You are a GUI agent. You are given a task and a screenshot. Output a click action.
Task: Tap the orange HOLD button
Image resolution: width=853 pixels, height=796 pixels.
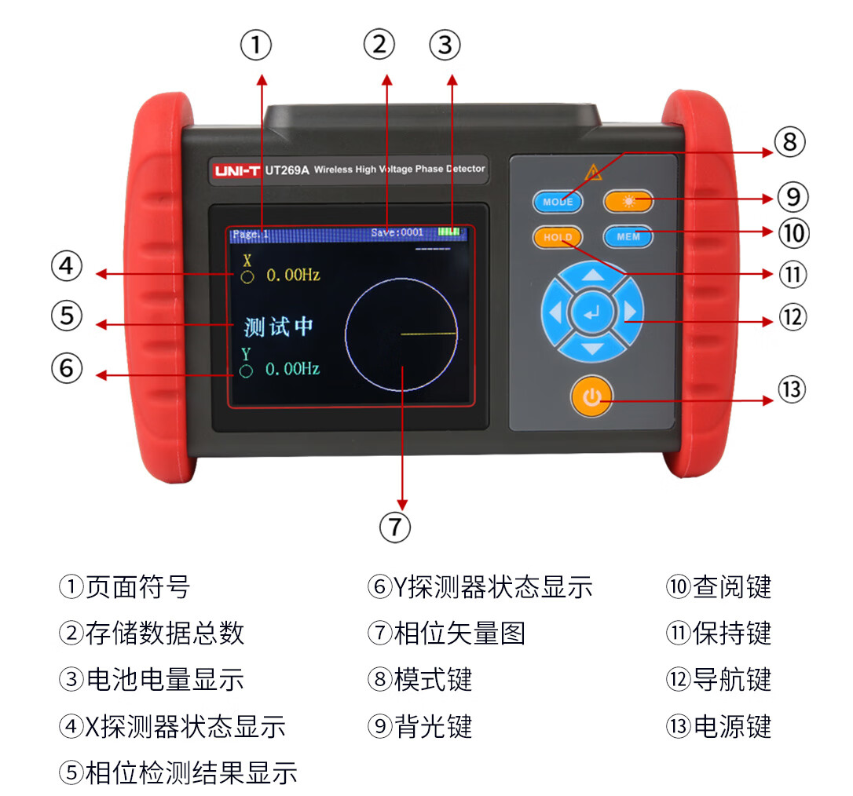pyautogui.click(x=558, y=237)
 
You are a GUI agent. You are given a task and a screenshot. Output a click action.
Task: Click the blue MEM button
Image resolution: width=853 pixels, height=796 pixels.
pyautogui.click(x=628, y=236)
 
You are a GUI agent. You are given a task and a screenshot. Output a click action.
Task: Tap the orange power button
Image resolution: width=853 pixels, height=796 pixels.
pyautogui.click(x=592, y=396)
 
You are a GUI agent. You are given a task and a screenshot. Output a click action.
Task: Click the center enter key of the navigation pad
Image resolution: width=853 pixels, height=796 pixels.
pyautogui.click(x=591, y=312)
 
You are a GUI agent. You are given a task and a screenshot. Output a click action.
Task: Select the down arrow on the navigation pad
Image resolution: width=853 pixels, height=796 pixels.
pyautogui.click(x=592, y=349)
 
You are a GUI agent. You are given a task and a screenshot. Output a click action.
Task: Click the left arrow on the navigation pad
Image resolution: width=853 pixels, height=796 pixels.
pyautogui.click(x=555, y=312)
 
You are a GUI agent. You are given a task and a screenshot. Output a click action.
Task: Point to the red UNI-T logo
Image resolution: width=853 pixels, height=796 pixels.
pyautogui.click(x=237, y=170)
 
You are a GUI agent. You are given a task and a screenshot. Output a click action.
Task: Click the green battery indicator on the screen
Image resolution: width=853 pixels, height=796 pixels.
pyautogui.click(x=449, y=232)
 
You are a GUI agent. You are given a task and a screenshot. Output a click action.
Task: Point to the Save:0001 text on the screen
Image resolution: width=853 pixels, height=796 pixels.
pyautogui.click(x=397, y=232)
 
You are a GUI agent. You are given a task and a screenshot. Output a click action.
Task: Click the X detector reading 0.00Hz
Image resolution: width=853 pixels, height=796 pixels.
pyautogui.click(x=293, y=275)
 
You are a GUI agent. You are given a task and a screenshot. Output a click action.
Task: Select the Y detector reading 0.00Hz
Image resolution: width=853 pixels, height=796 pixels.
pyautogui.click(x=293, y=369)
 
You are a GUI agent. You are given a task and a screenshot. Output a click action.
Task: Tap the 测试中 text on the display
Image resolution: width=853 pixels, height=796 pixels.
pyautogui.click(x=278, y=327)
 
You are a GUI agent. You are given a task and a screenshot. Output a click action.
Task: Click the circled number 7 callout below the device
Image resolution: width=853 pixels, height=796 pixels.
pyautogui.click(x=395, y=527)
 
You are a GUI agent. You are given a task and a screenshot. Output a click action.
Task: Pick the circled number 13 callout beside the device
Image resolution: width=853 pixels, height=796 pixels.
pyautogui.click(x=792, y=390)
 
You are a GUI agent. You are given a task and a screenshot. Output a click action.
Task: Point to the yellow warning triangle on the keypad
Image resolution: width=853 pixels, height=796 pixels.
pyautogui.click(x=593, y=173)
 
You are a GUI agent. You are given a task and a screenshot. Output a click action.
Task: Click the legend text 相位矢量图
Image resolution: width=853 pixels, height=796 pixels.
pyautogui.click(x=459, y=634)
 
